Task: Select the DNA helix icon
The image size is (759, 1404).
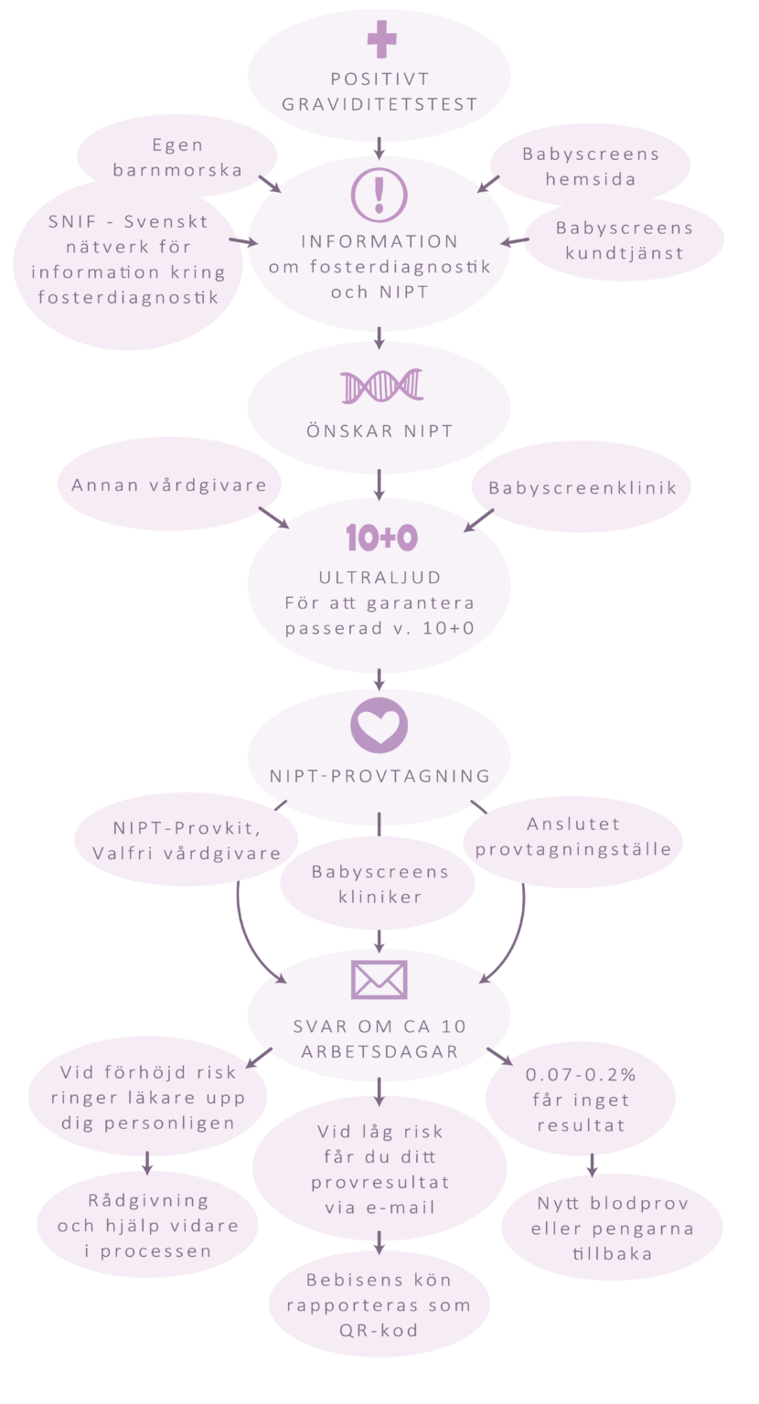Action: (x=381, y=387)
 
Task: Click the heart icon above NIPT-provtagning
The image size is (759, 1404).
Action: (x=379, y=725)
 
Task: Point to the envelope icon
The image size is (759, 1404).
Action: (x=379, y=979)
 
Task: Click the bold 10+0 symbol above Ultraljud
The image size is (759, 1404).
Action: (x=381, y=538)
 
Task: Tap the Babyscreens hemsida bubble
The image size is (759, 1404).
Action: (x=591, y=166)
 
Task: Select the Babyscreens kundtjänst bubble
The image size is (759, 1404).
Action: (x=624, y=240)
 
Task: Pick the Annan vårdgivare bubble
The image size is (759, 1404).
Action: (x=169, y=484)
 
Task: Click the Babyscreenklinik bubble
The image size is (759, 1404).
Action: (x=583, y=488)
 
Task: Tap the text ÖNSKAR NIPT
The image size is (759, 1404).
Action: (x=379, y=431)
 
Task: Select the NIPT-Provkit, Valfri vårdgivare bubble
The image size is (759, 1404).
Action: (x=186, y=842)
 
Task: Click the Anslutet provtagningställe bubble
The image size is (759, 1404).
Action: (x=572, y=836)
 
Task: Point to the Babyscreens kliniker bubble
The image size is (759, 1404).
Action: (x=379, y=884)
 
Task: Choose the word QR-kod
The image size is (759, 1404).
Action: (x=379, y=1330)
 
